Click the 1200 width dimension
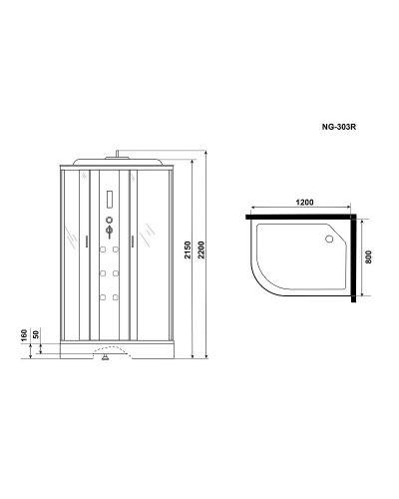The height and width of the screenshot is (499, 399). pos(304,202)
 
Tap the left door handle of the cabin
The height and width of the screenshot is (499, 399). pos(89,240)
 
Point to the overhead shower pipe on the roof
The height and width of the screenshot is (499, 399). pos(119,155)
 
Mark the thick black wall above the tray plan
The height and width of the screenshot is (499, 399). pos(299,213)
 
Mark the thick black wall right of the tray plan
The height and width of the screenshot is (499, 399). pos(353,255)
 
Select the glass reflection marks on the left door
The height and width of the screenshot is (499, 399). pos(71,239)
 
